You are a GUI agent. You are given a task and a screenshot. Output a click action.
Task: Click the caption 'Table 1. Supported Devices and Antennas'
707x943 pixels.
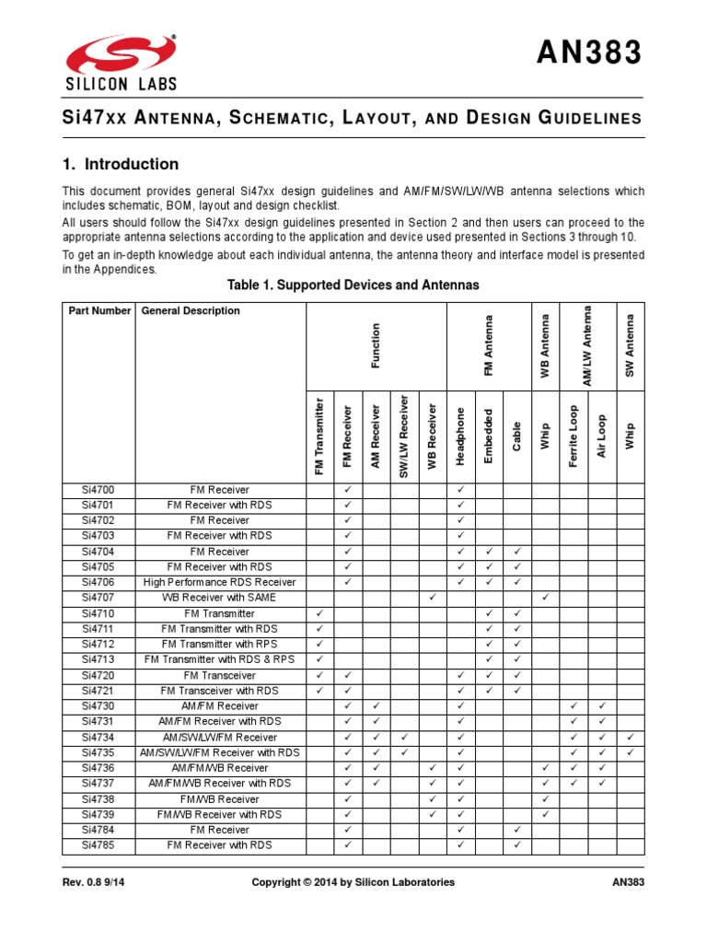353,285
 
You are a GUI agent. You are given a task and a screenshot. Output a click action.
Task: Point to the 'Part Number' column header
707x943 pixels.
99,311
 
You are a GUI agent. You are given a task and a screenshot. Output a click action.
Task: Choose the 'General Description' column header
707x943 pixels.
191,311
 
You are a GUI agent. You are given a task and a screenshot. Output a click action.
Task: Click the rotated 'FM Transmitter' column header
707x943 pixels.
319,437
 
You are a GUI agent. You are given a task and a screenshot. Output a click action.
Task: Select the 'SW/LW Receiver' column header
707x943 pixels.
403,435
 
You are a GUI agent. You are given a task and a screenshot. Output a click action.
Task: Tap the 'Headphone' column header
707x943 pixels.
461,437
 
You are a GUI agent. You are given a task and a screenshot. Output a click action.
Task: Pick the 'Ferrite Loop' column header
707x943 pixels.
574,437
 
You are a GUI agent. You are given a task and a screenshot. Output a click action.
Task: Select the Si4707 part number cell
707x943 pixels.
99,598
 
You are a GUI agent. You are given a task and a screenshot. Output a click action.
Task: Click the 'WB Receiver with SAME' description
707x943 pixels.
219,598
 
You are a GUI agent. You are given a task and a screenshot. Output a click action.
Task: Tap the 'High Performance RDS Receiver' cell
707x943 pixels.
219,582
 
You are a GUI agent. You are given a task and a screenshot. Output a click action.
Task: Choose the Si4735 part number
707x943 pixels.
99,752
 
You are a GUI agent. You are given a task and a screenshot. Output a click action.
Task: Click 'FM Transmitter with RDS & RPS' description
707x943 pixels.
219,659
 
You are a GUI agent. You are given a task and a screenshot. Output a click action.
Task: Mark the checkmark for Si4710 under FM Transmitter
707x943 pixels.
319,613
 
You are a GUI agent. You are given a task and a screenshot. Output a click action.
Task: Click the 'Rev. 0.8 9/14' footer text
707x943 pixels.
95,882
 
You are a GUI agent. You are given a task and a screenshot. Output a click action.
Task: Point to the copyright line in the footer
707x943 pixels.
353,882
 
